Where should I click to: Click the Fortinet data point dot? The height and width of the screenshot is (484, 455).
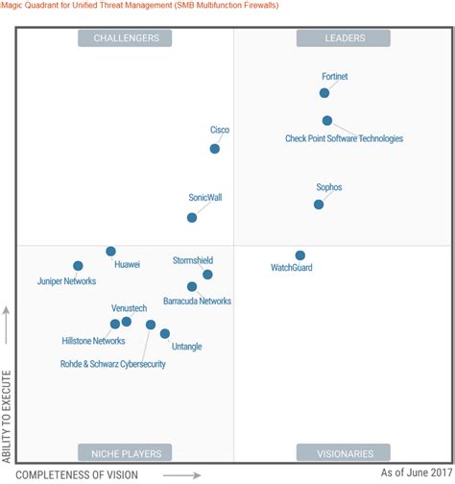pyautogui.click(x=324, y=93)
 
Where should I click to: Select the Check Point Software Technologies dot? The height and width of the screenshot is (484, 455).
pyautogui.click(x=327, y=121)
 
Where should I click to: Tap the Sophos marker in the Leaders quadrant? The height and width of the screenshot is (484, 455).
pyautogui.click(x=319, y=204)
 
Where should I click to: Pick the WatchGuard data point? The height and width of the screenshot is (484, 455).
pyautogui.click(x=300, y=255)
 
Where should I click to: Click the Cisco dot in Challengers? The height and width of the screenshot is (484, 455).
pyautogui.click(x=215, y=148)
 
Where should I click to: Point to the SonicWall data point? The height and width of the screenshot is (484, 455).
pyautogui.click(x=192, y=217)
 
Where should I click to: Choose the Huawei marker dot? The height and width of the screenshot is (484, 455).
pyautogui.click(x=110, y=252)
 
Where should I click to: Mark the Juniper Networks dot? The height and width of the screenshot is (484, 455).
pyautogui.click(x=78, y=266)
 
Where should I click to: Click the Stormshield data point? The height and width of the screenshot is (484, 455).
pyautogui.click(x=207, y=275)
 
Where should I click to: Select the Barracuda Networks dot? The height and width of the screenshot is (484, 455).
pyautogui.click(x=192, y=286)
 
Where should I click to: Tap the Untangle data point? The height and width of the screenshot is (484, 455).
pyautogui.click(x=165, y=334)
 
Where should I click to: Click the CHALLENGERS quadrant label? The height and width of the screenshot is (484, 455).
pyautogui.click(x=125, y=38)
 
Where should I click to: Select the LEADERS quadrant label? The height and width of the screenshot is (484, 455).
pyautogui.click(x=343, y=38)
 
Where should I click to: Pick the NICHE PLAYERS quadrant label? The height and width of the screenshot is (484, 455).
pyautogui.click(x=125, y=452)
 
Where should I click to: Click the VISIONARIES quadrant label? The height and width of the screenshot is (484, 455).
pyautogui.click(x=343, y=452)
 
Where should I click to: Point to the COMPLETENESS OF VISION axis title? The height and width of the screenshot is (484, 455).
pyautogui.click(x=78, y=474)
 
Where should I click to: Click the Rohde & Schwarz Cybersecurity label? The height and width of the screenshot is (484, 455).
pyautogui.click(x=113, y=364)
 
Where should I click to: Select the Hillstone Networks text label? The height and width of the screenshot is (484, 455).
pyautogui.click(x=93, y=341)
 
